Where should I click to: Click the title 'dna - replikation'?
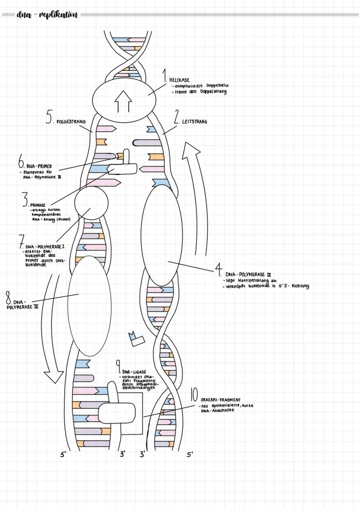click(x=47, y=15)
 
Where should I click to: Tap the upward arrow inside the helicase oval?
click(x=123, y=102)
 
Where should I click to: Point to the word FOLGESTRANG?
click(x=71, y=122)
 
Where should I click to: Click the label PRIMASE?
click(x=38, y=205)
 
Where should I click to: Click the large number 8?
click(x=8, y=299)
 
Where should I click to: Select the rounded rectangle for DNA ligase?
click(x=117, y=413)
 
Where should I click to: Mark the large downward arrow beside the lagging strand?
click(x=54, y=330)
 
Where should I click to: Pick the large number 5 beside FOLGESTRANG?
click(x=49, y=117)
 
